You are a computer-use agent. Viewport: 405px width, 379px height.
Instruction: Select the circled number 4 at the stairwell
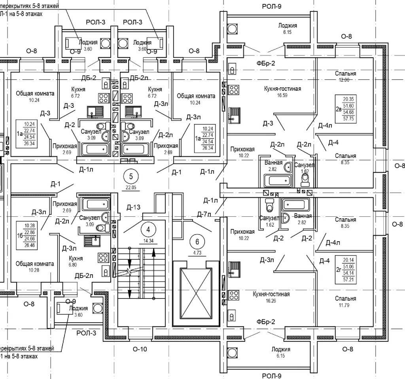tap(148, 229)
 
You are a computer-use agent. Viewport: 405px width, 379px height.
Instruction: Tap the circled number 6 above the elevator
tap(197, 240)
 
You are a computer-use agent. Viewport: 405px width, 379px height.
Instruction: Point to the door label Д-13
tap(134, 207)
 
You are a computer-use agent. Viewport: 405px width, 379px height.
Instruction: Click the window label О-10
tap(140, 349)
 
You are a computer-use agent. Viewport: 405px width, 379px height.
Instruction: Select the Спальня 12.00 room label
tap(345, 77)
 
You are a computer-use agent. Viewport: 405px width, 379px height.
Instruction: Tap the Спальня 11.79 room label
tap(345, 301)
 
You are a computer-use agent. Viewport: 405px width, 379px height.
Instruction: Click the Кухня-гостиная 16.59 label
tap(282, 92)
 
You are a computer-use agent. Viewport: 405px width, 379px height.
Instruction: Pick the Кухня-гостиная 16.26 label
tap(271, 297)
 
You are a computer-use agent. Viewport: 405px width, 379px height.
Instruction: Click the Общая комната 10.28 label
tap(35, 266)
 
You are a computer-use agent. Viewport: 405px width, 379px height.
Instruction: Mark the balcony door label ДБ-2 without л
tap(89, 77)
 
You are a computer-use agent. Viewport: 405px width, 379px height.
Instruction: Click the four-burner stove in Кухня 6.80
tap(104, 257)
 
